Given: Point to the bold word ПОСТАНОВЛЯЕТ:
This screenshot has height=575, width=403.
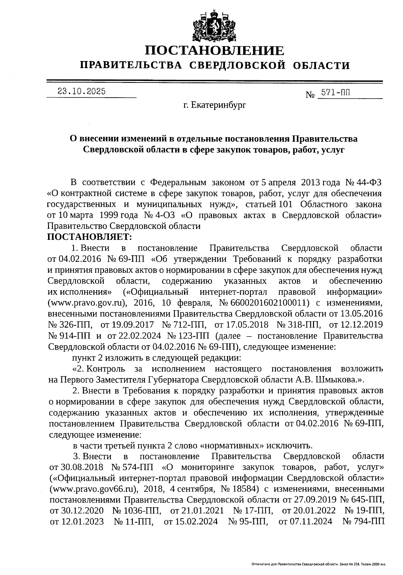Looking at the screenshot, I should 90,237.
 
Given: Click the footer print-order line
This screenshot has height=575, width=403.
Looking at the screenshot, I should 318,565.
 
